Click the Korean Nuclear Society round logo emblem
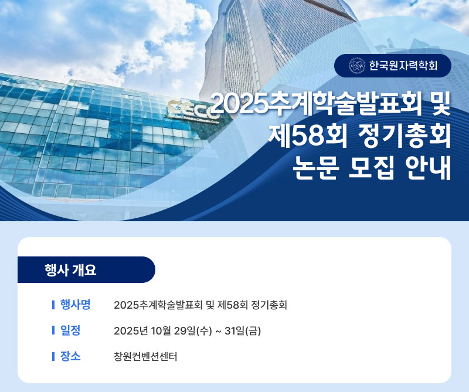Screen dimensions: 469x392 point(357,66)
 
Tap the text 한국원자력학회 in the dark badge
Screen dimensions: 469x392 point(403,66)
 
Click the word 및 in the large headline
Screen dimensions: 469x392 point(441,104)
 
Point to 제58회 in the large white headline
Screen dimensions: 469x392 point(307,136)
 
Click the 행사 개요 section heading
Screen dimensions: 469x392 point(70,270)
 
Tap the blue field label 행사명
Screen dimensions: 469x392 point(76,305)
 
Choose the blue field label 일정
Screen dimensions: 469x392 point(70,330)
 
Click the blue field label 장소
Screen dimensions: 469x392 point(70,356)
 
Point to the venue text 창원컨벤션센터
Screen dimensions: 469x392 point(145,356)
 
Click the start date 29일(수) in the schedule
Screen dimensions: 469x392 point(193,331)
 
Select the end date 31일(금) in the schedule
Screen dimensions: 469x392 point(243,331)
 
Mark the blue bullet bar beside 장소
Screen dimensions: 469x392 point(53,356)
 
